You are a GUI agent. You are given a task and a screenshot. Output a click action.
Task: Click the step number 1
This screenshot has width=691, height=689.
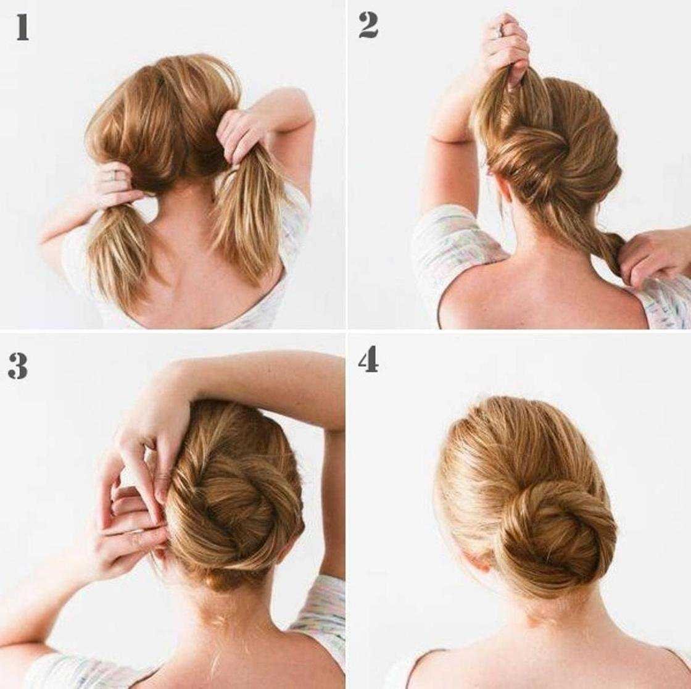(22, 28)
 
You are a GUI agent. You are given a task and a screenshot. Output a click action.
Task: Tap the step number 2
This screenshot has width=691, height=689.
(368, 25)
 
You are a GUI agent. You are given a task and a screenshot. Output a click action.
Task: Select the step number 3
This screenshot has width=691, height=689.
(18, 366)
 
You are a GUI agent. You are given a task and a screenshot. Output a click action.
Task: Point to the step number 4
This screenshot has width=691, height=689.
(368, 359)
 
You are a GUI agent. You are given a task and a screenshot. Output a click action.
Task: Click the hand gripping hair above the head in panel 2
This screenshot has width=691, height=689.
(507, 49)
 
